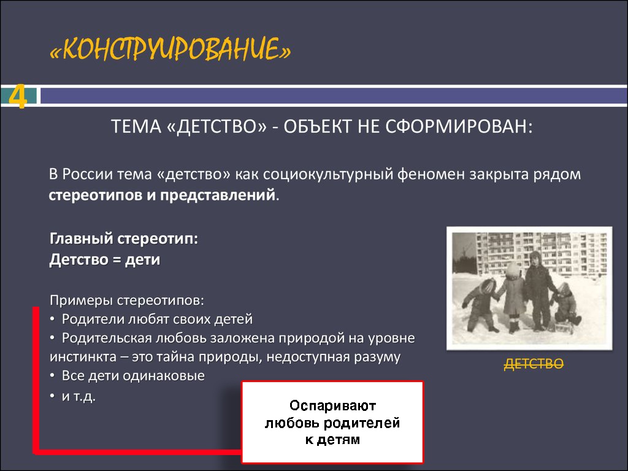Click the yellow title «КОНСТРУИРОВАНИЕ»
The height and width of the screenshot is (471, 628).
(170, 50)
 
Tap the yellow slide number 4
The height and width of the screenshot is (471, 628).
(18, 96)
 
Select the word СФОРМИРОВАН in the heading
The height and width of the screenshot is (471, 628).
(459, 126)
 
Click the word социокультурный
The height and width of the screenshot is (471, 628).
(328, 175)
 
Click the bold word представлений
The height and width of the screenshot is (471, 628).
(218, 195)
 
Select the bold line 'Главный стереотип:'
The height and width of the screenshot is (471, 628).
(124, 239)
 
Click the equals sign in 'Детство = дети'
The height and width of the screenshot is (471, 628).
(117, 260)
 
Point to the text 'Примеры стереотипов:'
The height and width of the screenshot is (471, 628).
(126, 300)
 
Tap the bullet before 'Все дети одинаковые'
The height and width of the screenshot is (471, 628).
(52, 376)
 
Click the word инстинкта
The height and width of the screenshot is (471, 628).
(83, 356)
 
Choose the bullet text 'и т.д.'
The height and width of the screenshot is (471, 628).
(78, 396)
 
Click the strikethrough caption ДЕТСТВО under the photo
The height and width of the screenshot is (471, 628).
(534, 364)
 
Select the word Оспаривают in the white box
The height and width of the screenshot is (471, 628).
(332, 406)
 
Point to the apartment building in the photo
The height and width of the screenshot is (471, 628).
(541, 253)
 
